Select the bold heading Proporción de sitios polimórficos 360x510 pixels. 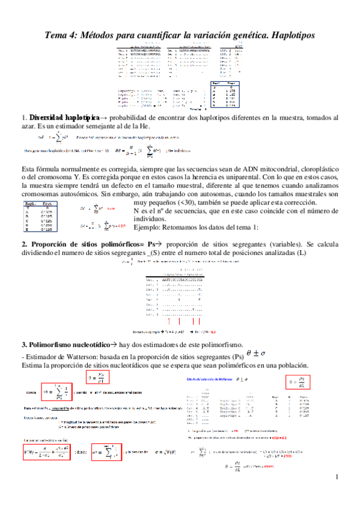(x=89, y=245)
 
